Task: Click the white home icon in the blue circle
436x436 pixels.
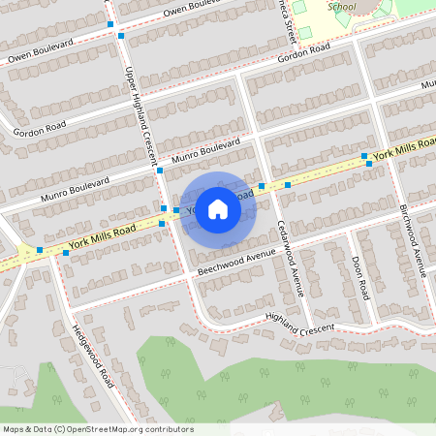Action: point(218,209)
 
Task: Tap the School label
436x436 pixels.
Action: point(341,6)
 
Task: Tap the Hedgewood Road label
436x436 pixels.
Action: point(93,355)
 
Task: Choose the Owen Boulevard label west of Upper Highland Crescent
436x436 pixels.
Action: point(42,53)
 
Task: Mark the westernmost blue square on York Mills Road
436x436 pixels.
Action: point(40,250)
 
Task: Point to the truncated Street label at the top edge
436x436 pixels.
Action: point(288,21)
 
